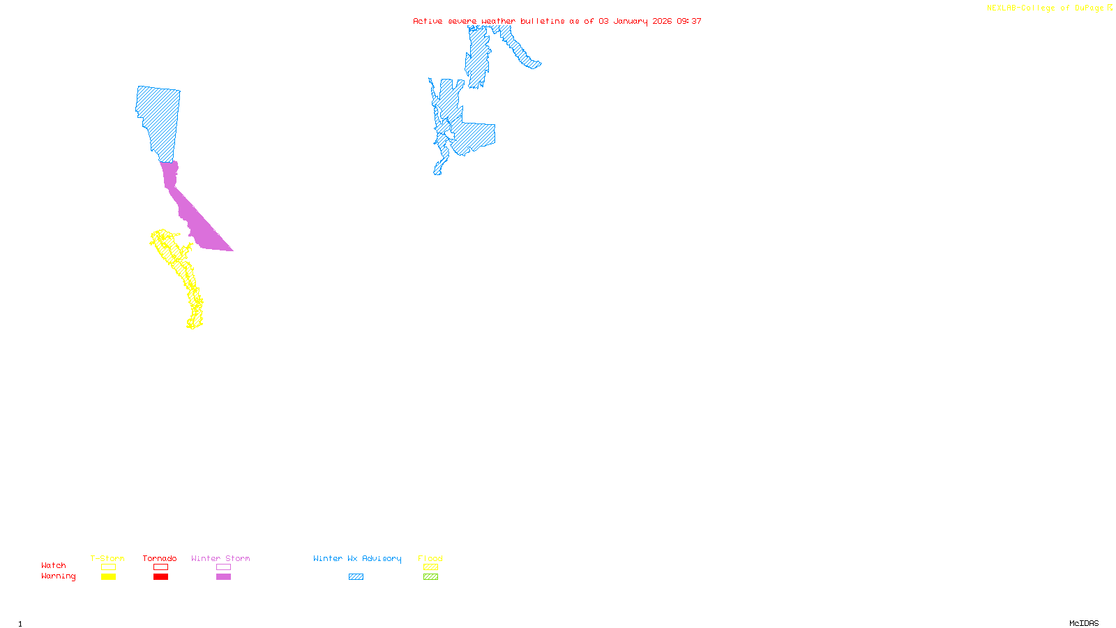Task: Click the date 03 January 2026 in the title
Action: click(635, 21)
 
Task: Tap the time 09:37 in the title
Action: click(689, 21)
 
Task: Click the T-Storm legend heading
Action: click(107, 558)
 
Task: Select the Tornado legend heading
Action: click(160, 558)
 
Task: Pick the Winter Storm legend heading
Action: click(220, 558)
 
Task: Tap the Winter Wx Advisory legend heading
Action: click(357, 558)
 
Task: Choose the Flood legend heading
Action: click(430, 558)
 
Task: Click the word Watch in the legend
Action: click(54, 565)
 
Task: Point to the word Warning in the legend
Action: click(58, 576)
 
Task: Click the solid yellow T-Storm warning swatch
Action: click(108, 577)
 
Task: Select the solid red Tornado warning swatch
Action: click(160, 577)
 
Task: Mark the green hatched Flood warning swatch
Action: click(430, 577)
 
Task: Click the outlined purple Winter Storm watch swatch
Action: click(223, 567)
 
